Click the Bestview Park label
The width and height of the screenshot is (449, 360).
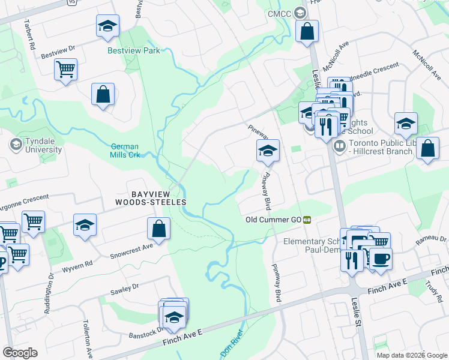click(133, 51)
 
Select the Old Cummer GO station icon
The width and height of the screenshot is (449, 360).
click(307, 220)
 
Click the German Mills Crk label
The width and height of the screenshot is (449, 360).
click(125, 151)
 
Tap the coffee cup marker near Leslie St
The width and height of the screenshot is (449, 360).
click(380, 259)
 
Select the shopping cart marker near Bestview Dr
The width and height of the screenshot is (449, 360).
click(65, 68)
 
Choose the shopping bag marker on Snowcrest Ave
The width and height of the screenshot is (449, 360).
click(158, 229)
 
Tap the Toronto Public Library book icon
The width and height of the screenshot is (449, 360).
click(339, 146)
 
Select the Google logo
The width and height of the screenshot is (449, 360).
click(20, 353)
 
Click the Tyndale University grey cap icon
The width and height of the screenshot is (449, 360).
click(16, 145)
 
